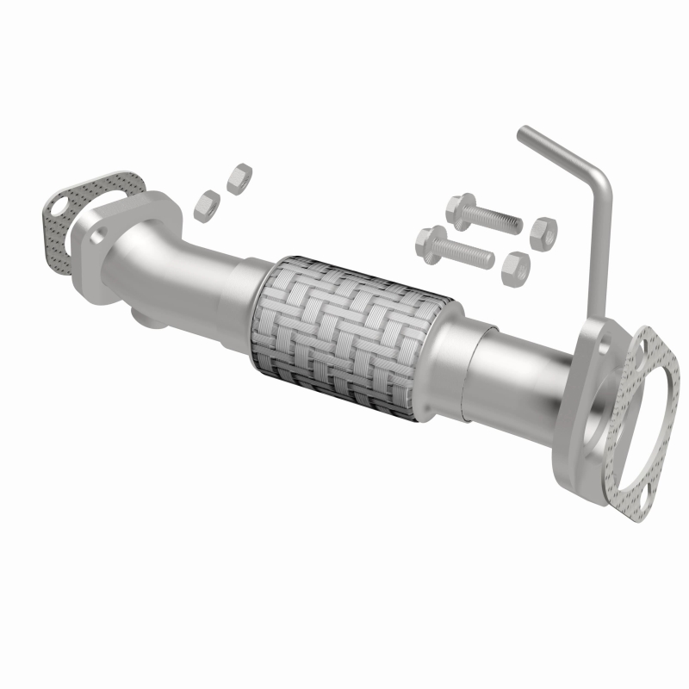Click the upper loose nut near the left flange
tap(235, 182)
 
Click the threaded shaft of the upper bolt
tap(496, 220)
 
